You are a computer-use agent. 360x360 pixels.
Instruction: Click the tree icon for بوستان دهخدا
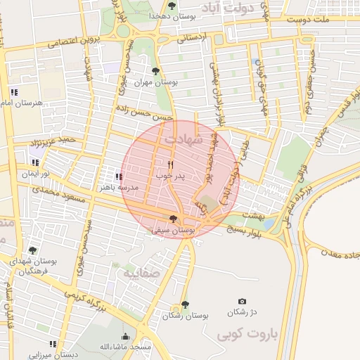coord(172,6)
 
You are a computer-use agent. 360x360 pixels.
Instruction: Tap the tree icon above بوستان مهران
coord(156,71)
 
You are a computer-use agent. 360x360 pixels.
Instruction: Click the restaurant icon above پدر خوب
coord(170,165)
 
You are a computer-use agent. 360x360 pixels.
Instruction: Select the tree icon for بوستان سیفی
coord(174,219)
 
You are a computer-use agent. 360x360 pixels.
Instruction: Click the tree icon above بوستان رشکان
coord(184,304)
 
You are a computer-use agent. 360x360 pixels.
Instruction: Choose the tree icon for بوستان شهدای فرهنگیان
coord(32,250)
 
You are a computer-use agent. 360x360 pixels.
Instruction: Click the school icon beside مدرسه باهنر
coord(118,176)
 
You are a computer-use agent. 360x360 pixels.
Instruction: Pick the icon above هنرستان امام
coord(14,92)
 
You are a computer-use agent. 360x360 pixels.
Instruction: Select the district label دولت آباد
coord(231,8)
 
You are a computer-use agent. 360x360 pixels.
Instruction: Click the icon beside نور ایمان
coord(35,162)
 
